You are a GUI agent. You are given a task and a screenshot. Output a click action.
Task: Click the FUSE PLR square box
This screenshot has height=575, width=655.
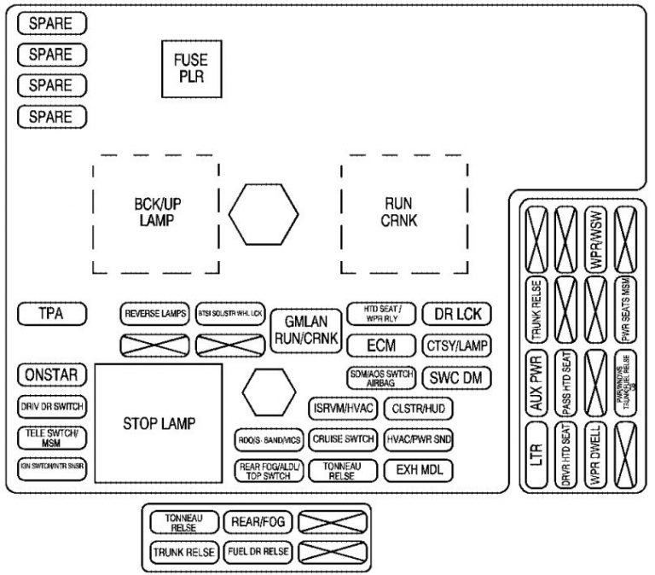191,67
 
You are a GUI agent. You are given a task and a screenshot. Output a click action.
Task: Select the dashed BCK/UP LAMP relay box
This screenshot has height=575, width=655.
154,213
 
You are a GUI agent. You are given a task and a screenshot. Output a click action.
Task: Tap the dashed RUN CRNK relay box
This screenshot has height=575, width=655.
404,213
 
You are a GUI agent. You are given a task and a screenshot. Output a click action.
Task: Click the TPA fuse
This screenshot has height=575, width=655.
52,315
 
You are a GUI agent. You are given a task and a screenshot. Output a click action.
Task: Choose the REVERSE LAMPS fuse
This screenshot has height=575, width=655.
155,314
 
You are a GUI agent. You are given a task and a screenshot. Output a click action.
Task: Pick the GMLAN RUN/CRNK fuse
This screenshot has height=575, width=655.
306,331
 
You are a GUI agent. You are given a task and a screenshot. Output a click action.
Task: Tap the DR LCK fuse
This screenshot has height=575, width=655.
456,314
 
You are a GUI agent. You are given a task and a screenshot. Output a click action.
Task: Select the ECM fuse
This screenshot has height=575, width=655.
380,346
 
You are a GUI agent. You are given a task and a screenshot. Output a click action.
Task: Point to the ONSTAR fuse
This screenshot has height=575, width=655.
52,375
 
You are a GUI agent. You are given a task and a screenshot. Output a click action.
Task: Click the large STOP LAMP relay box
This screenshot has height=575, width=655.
159,423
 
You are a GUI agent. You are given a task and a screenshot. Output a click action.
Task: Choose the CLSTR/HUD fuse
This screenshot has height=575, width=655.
419,408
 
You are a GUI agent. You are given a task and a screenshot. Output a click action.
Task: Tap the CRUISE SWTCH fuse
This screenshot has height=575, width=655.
342,439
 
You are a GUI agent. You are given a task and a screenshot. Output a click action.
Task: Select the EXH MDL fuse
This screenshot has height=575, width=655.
419,470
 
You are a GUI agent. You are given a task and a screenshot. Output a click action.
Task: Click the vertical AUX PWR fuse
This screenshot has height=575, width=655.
536,393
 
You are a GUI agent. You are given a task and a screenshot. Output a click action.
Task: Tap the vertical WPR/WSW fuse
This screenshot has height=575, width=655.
596,240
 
